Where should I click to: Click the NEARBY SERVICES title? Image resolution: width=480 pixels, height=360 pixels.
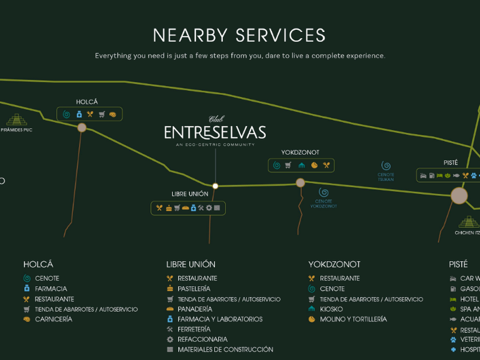pyautogui.click(x=239, y=35)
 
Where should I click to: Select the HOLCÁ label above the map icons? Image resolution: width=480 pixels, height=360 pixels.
pyautogui.click(x=87, y=102)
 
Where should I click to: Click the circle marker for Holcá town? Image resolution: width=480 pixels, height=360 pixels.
pyautogui.click(x=82, y=127)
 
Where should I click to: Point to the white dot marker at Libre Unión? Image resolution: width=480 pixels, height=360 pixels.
pyautogui.click(x=215, y=186)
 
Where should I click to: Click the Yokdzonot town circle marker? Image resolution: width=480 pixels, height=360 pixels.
pyautogui.click(x=300, y=183)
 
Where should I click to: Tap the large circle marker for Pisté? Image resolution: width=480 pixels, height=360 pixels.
pyautogui.click(x=459, y=196)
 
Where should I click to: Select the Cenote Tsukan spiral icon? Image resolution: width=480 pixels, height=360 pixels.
pyautogui.click(x=386, y=166)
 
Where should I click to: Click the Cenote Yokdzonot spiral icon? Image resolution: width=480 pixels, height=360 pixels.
pyautogui.click(x=323, y=193)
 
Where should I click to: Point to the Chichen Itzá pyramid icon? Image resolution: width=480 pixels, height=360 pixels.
pyautogui.click(x=469, y=222)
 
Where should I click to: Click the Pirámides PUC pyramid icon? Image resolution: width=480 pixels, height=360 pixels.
pyautogui.click(x=17, y=120)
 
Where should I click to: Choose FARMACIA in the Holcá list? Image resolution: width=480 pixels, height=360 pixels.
pyautogui.click(x=51, y=289)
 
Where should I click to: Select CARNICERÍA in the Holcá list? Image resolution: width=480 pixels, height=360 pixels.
pyautogui.click(x=54, y=319)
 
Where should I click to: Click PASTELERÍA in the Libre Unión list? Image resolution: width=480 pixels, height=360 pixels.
pyautogui.click(x=194, y=289)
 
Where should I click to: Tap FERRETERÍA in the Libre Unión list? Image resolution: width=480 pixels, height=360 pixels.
pyautogui.click(x=194, y=329)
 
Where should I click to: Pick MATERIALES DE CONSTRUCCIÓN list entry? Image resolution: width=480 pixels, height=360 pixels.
pyautogui.click(x=225, y=349)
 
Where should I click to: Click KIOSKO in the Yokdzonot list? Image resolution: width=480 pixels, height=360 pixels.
pyautogui.click(x=331, y=309)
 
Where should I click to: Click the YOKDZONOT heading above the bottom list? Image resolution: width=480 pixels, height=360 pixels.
pyautogui.click(x=334, y=265)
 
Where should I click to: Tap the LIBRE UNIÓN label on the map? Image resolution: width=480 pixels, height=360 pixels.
pyautogui.click(x=190, y=194)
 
